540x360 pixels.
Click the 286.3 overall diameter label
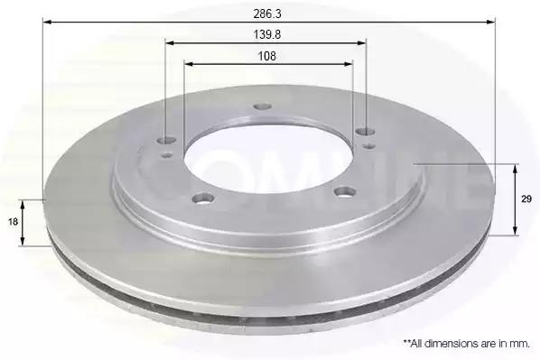click(267, 14)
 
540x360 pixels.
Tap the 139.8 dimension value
click(267, 35)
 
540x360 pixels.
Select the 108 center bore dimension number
click(267, 56)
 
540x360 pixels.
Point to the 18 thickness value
click(13, 222)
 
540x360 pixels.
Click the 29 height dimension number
click(526, 198)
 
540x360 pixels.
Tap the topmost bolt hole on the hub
click(263, 106)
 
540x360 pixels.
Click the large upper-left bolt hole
click(167, 140)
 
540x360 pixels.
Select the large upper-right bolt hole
click(366, 131)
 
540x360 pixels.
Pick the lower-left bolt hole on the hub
click(203, 198)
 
